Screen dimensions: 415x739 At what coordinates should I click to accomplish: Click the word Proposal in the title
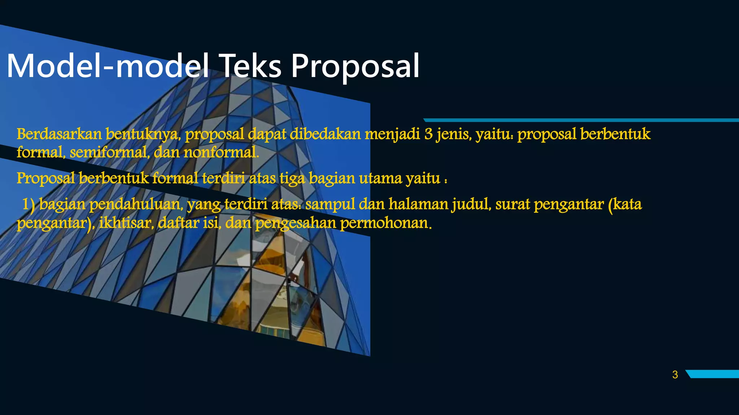pos(355,66)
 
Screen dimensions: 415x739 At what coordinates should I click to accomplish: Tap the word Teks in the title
pos(250,66)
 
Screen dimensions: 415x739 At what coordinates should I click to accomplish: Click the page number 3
pos(675,375)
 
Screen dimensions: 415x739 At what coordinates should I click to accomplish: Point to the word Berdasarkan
pos(59,134)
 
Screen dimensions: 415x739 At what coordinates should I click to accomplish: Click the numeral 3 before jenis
pos(428,134)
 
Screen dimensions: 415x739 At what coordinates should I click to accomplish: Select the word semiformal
pos(110,152)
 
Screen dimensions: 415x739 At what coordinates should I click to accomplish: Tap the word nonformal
pos(221,152)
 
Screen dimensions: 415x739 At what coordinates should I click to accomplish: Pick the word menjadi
pos(392,134)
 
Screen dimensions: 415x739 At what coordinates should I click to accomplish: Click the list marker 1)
pos(29,204)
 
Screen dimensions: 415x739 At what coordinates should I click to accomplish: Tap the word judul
pos(472,204)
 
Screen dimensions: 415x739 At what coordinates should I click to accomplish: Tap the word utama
pos(380,178)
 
